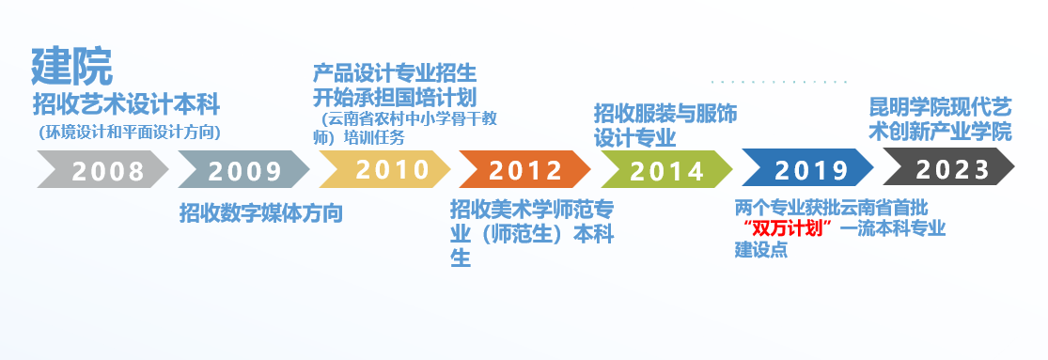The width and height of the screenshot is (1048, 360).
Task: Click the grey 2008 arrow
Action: coord(103,169)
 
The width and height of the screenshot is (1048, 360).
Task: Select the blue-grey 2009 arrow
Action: coord(244,169)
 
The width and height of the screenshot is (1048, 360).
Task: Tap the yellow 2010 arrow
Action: coord(385,169)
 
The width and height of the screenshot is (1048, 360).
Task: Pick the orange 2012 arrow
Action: coord(525,169)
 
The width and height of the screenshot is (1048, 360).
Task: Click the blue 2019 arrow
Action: coord(808,167)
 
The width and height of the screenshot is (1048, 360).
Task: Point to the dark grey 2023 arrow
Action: coord(949,167)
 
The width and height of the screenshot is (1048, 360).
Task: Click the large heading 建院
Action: coord(72,66)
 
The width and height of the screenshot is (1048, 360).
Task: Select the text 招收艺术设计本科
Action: coord(126,105)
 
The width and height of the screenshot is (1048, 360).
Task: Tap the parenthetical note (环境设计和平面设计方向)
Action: coord(130,133)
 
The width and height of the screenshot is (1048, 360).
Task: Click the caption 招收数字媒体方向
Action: coord(261,213)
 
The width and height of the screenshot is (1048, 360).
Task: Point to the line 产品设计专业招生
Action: coord(395,73)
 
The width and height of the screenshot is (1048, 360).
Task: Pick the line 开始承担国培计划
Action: coord(395,98)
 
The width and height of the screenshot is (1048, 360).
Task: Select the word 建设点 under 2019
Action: coord(761,250)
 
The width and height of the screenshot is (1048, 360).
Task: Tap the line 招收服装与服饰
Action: coord(665,114)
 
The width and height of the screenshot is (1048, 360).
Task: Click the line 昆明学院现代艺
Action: coord(941,107)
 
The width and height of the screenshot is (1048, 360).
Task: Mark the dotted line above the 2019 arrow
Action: coord(779,82)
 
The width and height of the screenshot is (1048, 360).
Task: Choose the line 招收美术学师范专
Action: coord(532,210)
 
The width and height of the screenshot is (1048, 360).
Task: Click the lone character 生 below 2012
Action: coord(461,258)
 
